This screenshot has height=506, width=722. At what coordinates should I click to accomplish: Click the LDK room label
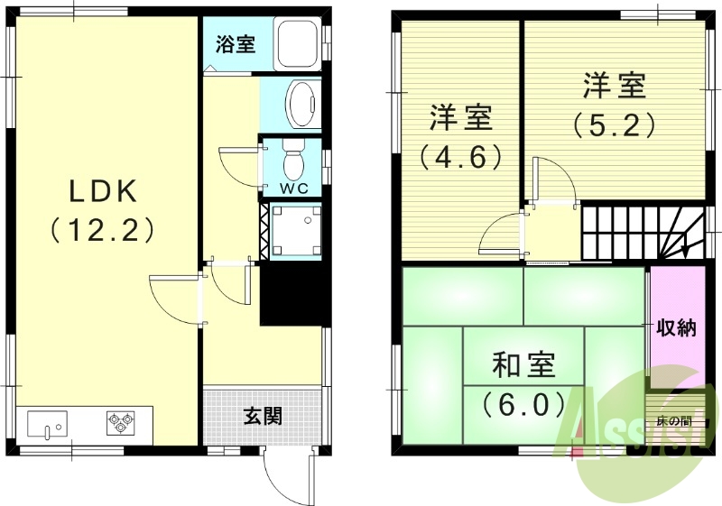(x=103, y=191)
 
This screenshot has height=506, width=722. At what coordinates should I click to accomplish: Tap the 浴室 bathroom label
(x=236, y=43)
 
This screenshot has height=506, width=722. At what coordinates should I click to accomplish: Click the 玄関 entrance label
(x=263, y=416)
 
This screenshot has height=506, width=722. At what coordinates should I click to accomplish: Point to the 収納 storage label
(x=676, y=327)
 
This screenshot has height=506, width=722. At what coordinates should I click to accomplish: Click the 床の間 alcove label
(x=675, y=421)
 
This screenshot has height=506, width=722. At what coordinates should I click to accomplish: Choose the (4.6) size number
(x=459, y=158)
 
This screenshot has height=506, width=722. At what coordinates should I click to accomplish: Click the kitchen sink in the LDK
(x=47, y=421)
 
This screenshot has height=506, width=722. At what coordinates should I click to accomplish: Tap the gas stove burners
(x=120, y=420)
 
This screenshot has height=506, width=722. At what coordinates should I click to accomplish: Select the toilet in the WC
(x=292, y=161)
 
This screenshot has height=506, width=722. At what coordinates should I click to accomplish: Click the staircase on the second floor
(x=641, y=233)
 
